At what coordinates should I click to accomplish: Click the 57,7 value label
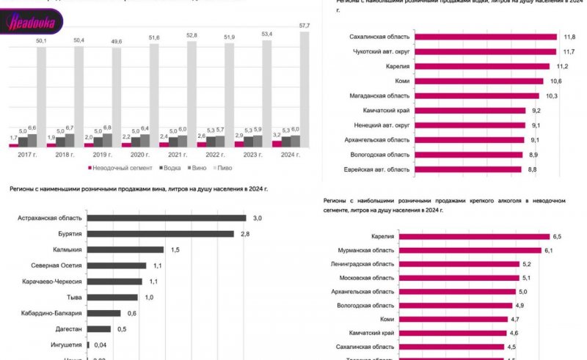click(305, 45)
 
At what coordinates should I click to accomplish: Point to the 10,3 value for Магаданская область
click(552, 96)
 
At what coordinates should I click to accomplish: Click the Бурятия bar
click(161, 234)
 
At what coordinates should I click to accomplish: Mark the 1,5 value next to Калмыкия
click(175, 249)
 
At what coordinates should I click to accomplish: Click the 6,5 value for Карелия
click(556, 236)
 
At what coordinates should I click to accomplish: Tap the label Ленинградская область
click(362, 264)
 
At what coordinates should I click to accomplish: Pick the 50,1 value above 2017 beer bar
click(41, 41)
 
